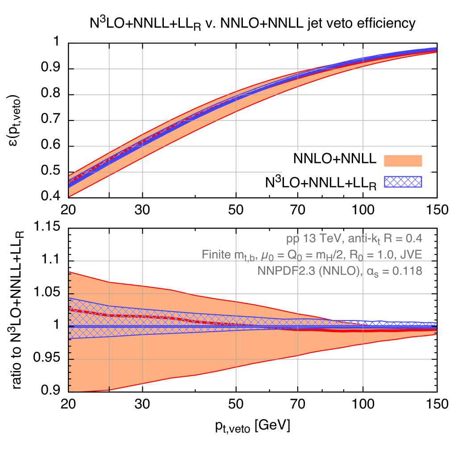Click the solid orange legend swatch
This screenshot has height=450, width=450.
[x=403, y=161]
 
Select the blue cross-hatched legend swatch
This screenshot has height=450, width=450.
[x=403, y=182]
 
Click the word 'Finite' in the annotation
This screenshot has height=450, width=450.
[x=216, y=254]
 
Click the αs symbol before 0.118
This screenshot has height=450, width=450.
[x=372, y=271]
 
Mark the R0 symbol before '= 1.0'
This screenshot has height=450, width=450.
[x=359, y=255]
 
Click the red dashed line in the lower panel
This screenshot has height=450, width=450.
[x=134, y=316]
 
